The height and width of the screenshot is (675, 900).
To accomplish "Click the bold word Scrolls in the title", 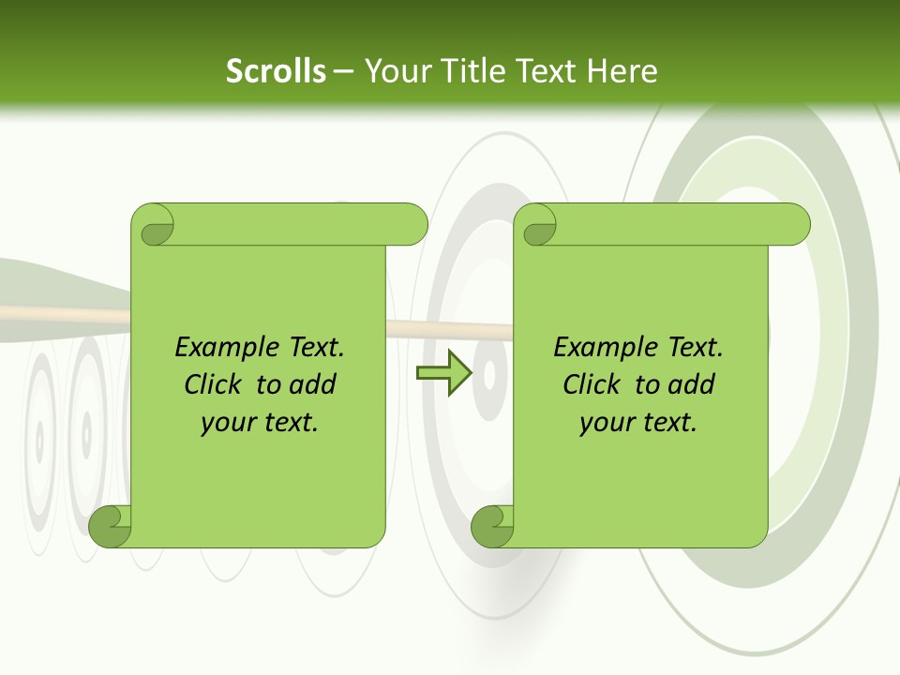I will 276,71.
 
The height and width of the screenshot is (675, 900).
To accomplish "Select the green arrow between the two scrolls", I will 443,373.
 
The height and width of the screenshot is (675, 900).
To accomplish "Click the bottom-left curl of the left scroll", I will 110,526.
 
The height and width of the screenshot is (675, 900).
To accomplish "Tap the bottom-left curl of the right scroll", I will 491,526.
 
